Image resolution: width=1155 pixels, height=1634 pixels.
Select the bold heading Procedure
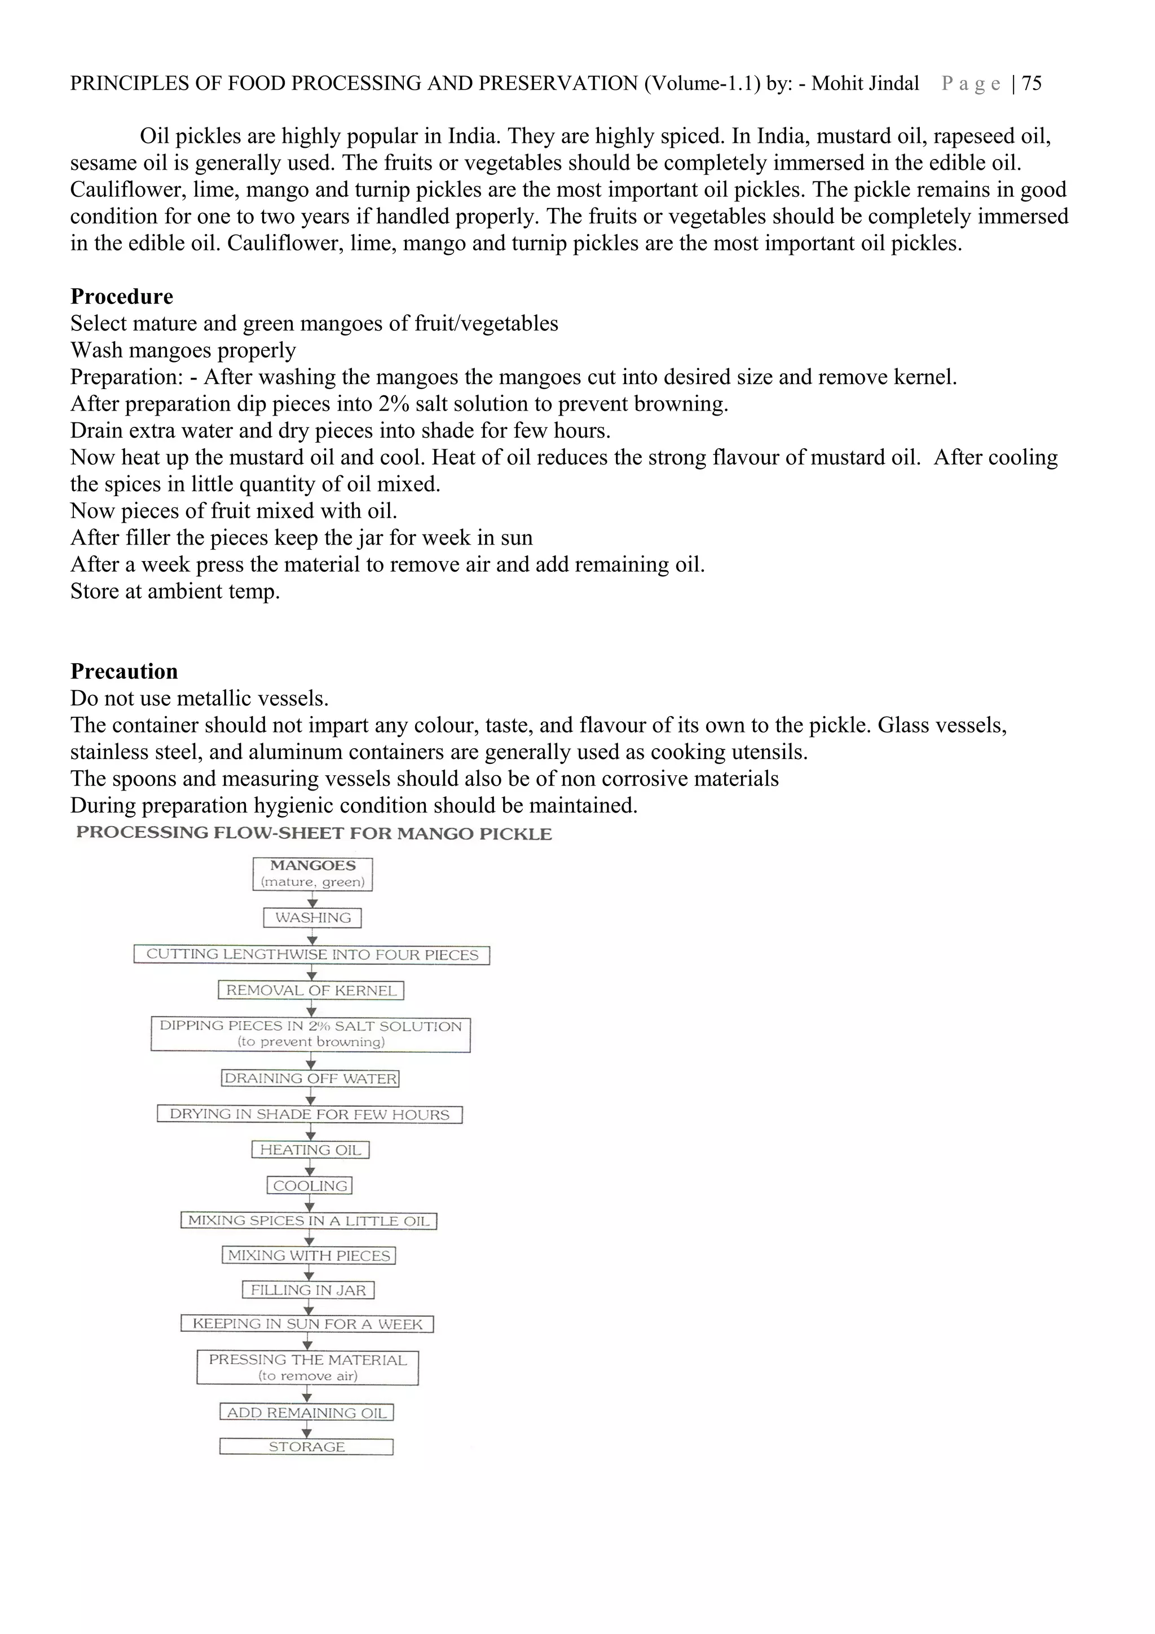122,297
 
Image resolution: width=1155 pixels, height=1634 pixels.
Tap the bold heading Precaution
124,672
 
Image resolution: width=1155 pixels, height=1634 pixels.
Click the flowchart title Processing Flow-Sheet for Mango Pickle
314,833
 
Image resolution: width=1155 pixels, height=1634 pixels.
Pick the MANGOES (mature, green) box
312,874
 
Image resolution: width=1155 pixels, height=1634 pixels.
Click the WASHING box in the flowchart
312,918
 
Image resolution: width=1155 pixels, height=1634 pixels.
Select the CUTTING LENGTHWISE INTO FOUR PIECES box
312,955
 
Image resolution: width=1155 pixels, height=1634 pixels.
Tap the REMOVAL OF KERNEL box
311,991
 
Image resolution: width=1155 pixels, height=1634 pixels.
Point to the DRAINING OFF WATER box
310,1078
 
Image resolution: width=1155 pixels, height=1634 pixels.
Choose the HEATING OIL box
310,1150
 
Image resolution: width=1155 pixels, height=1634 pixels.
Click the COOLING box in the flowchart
310,1186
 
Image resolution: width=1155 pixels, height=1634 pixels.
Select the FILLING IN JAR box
308,1290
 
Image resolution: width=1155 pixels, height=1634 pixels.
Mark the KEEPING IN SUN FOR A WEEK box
307,1324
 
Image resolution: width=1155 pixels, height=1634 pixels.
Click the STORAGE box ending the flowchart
307,1447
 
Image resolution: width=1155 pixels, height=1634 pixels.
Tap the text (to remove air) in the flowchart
307,1376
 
